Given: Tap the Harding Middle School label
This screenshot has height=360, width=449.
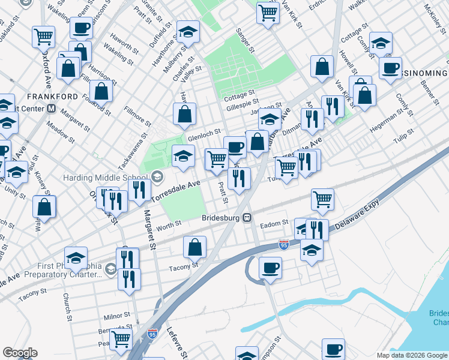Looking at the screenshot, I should tap(106, 178).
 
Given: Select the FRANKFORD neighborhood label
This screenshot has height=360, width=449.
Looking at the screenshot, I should tap(52, 97).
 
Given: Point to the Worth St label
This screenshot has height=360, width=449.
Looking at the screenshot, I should tap(168, 224).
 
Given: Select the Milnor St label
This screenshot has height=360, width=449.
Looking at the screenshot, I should tap(116, 315).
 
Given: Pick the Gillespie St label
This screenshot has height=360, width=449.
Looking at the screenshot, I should tap(243, 106).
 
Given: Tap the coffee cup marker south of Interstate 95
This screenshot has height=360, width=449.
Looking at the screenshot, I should tap(270, 268).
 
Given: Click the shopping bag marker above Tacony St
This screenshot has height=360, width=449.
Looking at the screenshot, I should tap(194, 247).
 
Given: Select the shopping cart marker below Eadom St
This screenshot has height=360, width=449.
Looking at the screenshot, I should tap(322, 200).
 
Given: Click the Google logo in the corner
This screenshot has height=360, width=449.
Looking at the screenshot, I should tap(20, 353).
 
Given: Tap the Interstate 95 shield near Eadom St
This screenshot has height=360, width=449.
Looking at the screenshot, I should tap(283, 244).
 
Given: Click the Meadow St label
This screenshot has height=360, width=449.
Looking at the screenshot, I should tap(61, 132).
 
